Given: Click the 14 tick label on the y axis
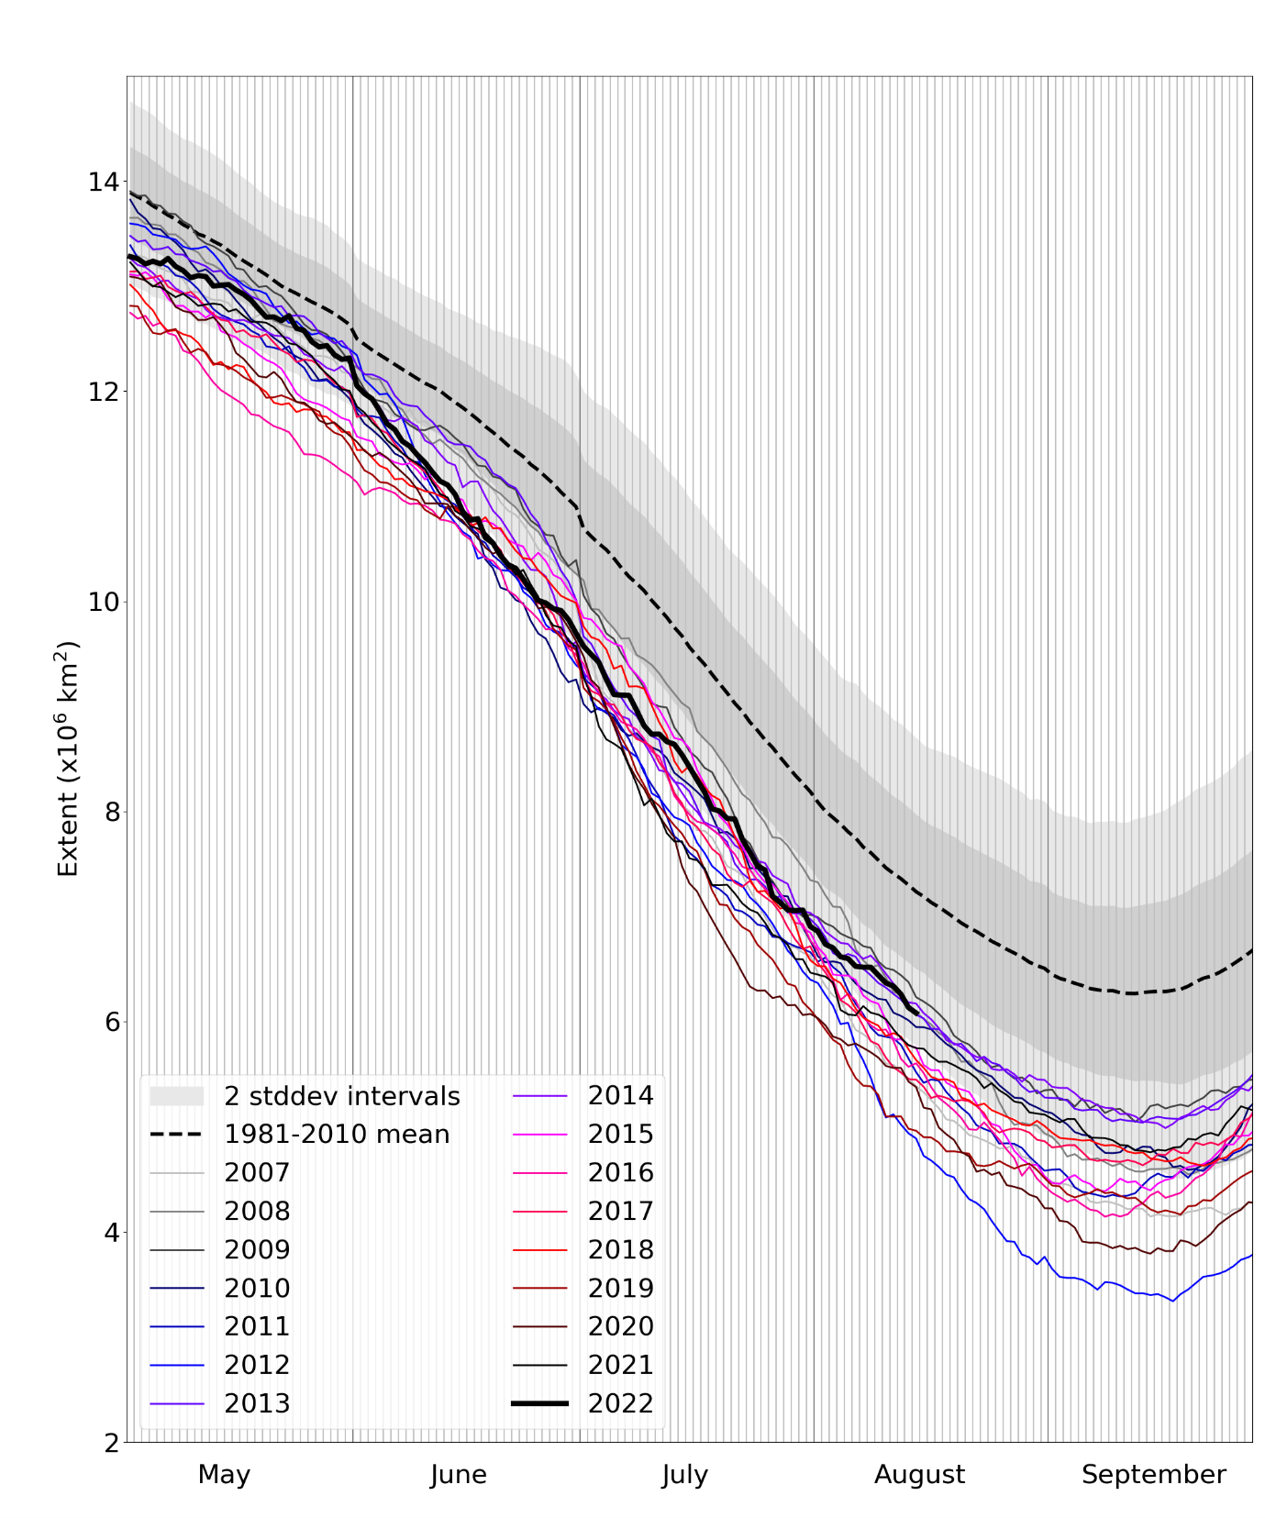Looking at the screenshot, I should (103, 182).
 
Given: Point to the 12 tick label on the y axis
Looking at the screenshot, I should (103, 392).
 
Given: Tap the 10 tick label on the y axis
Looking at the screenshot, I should (103, 602).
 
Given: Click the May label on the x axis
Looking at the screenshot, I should (224, 1475).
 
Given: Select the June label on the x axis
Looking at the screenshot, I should (458, 1475).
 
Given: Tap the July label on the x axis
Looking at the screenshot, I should (684, 1475).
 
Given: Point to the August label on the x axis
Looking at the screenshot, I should (919, 1475).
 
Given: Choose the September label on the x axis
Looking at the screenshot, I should (1153, 1475).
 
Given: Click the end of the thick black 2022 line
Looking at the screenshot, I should (917, 1013).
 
